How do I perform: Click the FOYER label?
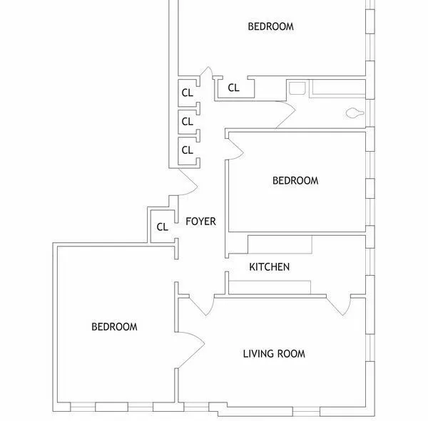(200, 222)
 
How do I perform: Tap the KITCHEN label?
(269, 267)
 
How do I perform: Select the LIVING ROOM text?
(274, 353)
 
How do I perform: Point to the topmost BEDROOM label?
(270, 26)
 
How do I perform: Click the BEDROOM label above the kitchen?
(295, 180)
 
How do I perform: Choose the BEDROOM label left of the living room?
(114, 327)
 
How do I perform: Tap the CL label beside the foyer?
(162, 227)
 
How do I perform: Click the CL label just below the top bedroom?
(233, 88)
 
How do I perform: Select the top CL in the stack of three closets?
(187, 92)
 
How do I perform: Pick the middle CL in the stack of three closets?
(187, 121)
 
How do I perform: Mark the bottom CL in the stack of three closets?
(187, 150)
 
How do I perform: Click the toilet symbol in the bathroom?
(355, 113)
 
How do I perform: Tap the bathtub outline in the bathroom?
(339, 89)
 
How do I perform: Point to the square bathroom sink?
(297, 89)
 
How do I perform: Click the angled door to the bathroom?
(286, 115)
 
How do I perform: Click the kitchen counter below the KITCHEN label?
(269, 286)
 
